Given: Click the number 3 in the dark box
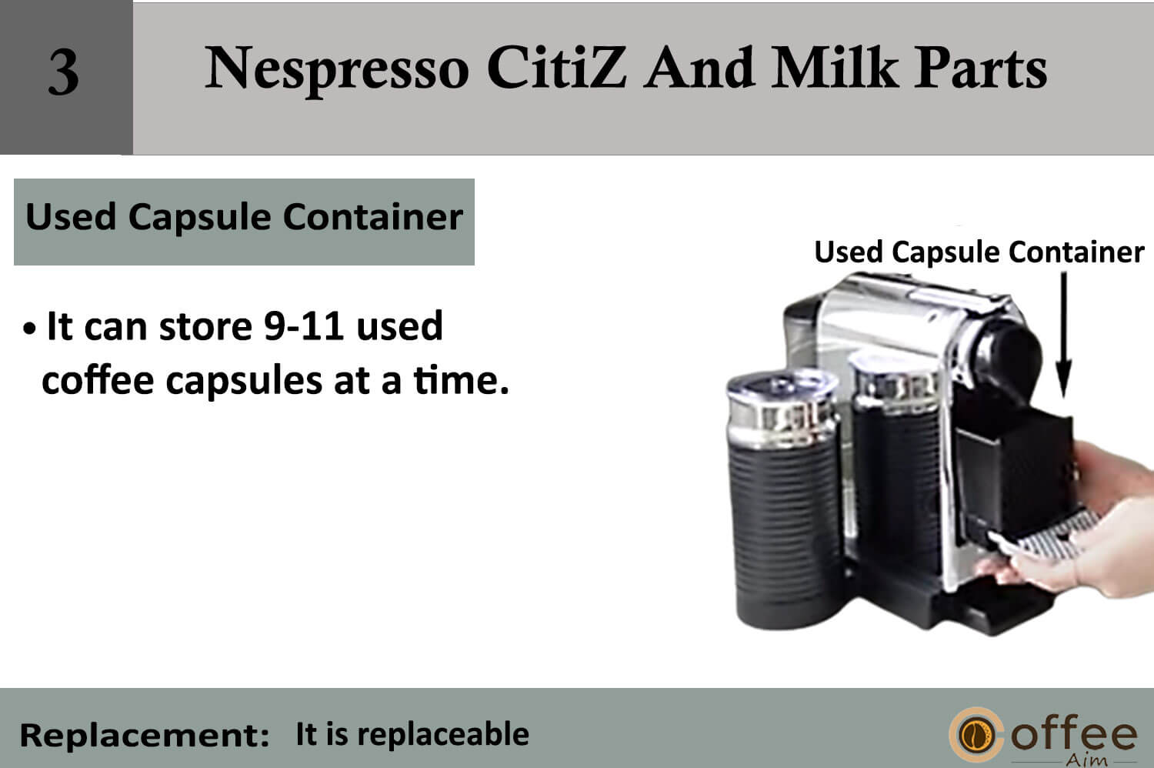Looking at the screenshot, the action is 65,72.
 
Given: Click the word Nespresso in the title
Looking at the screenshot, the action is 337,69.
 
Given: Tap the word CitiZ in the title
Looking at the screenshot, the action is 556,67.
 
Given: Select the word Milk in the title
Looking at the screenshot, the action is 835,67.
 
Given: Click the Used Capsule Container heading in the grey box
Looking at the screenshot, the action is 244,218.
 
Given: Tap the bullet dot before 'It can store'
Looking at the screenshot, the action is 29,329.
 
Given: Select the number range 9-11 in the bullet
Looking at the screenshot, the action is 304,326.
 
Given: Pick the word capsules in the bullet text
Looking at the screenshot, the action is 244,382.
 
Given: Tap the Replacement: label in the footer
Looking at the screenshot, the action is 145,735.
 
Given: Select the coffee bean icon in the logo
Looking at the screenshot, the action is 976,734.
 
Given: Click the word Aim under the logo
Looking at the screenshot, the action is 1086,760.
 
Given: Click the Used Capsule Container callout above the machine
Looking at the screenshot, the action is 979,252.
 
